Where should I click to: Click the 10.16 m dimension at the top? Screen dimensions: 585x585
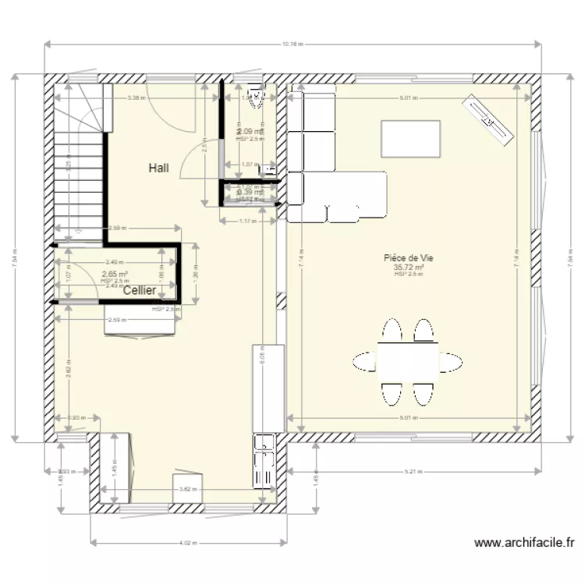292,44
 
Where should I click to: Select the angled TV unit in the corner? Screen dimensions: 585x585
490,119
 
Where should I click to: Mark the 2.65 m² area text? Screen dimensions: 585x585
115,275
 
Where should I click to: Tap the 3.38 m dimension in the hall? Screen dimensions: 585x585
135,98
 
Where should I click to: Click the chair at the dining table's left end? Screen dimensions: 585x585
364,361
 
